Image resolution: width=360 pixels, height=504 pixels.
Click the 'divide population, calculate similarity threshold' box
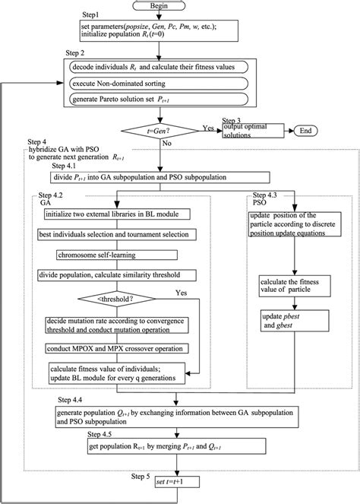114,275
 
